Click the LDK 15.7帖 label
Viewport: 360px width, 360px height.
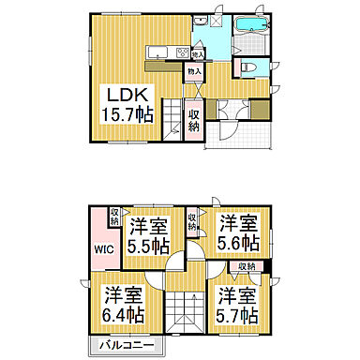(127, 103)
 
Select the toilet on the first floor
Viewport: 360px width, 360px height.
(248, 67)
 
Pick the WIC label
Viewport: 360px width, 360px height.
(102, 250)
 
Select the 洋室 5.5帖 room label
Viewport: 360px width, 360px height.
(148, 235)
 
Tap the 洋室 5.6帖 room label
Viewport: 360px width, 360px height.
(238, 232)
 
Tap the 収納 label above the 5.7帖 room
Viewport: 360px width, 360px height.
(247, 267)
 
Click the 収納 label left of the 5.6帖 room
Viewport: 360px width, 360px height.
(192, 221)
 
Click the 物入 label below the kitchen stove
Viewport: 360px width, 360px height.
(194, 71)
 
